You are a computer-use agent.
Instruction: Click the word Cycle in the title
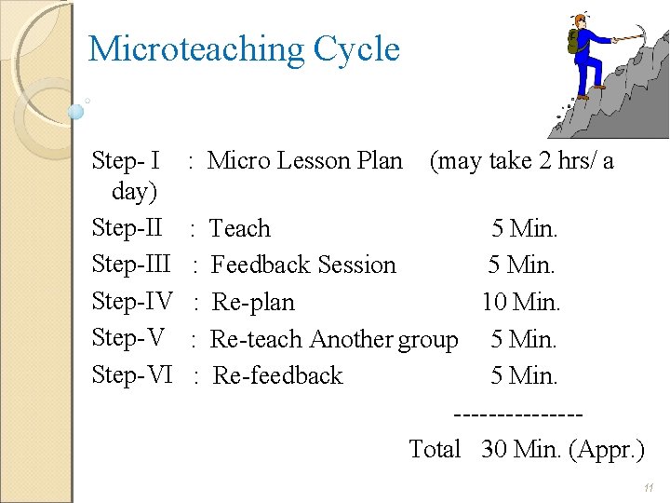coord(357,49)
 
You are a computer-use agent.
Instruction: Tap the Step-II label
coord(127,228)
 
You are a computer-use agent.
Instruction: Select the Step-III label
coord(131,265)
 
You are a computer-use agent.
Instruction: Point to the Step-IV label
coord(132,302)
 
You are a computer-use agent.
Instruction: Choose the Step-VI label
coord(132,375)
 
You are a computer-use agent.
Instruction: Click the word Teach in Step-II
coord(240,228)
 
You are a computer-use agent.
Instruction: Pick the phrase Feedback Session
coord(303,265)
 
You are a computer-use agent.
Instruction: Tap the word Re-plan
coord(253,303)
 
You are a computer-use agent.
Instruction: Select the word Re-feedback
coord(277,375)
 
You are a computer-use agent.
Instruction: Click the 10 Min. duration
coord(521,303)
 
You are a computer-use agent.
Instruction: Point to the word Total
coord(435,449)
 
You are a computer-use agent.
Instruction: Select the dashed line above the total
coord(517,413)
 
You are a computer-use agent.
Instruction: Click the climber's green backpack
coord(574,41)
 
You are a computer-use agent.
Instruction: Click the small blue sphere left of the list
coord(76,112)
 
